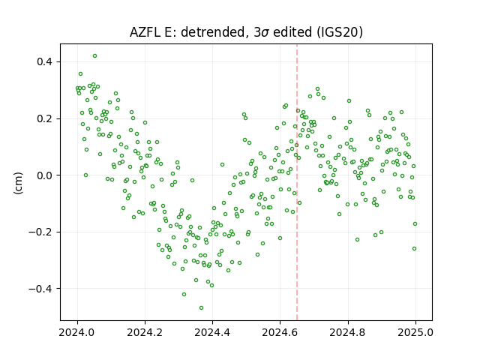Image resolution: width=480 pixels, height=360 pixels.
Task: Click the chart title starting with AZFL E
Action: pos(246,32)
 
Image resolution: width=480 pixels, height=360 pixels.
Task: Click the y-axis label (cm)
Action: pos(18,183)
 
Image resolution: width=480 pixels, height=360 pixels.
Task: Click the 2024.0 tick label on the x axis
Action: pos(77,332)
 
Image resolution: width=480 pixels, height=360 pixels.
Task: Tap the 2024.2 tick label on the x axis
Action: pos(145,332)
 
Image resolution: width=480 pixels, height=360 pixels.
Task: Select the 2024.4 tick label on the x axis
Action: pos(212,332)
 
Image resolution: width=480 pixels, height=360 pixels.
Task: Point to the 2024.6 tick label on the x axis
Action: pos(280,332)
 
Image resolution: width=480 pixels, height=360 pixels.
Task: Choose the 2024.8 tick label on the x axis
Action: pos(348,332)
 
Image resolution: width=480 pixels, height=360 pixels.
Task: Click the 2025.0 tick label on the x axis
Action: pos(415,332)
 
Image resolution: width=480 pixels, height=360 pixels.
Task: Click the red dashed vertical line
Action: pos(297,182)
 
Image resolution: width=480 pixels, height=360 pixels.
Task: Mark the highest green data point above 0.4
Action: pos(95,56)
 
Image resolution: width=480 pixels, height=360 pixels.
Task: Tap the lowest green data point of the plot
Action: pos(201,308)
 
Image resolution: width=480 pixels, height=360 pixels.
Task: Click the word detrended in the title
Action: pos(214,32)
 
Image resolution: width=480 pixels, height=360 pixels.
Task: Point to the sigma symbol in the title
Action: pos(265,33)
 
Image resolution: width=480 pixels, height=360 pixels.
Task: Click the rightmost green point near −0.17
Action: pos(415,224)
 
